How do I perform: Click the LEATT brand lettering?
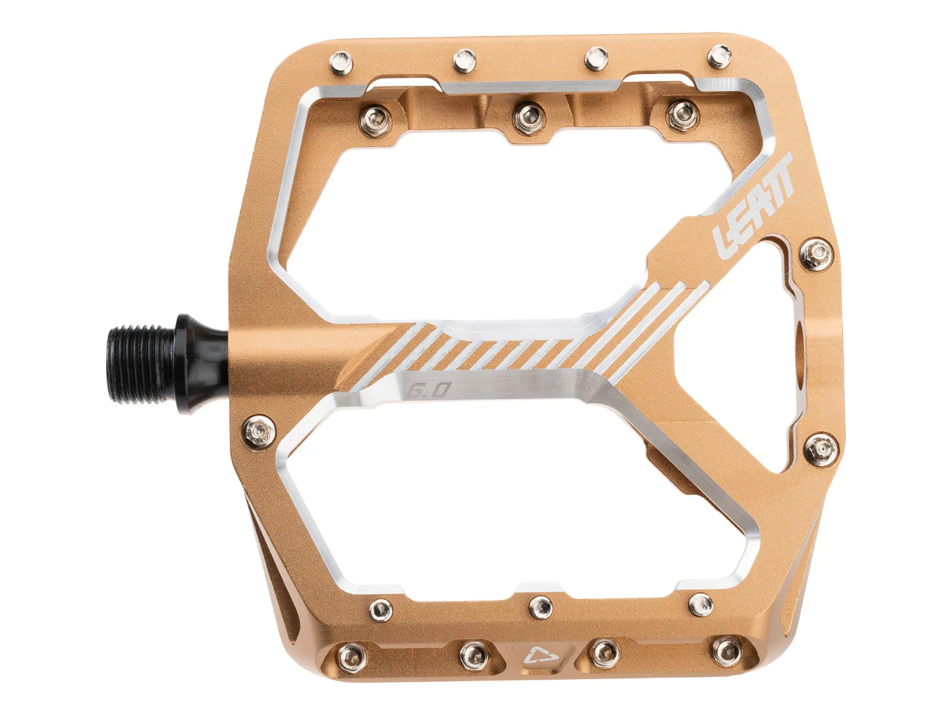(x=754, y=206)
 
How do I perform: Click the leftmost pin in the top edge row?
(x=341, y=62)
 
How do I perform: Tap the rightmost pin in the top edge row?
(x=719, y=56)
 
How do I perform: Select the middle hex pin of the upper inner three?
(x=528, y=117)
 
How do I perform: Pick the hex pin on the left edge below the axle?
(x=259, y=431)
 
